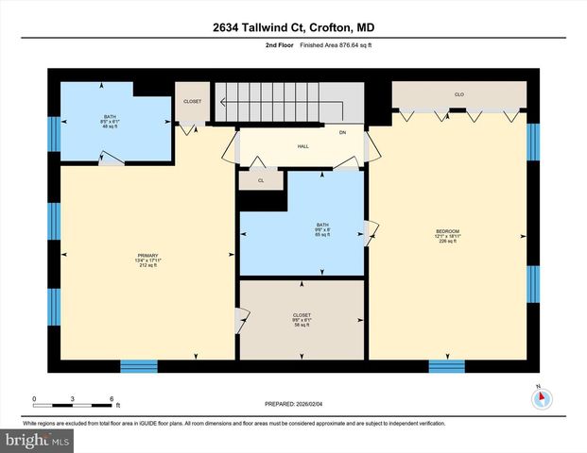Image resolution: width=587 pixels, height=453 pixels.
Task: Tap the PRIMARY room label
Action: pyautogui.click(x=147, y=260)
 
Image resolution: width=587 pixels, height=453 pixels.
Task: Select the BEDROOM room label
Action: pyautogui.click(x=446, y=236)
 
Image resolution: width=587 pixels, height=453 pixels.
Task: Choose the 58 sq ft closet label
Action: pyautogui.click(x=302, y=319)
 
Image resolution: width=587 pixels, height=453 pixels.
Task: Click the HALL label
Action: pyautogui.click(x=302, y=146)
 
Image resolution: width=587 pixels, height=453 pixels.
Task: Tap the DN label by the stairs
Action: pyautogui.click(x=343, y=133)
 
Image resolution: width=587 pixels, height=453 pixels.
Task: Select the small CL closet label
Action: pyautogui.click(x=261, y=179)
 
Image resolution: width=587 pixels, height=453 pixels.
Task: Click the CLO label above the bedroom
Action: pyautogui.click(x=458, y=94)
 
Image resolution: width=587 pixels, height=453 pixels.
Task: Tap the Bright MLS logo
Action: pyautogui.click(x=37, y=441)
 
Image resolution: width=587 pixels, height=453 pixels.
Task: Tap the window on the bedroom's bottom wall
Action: pyautogui.click(x=446, y=366)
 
